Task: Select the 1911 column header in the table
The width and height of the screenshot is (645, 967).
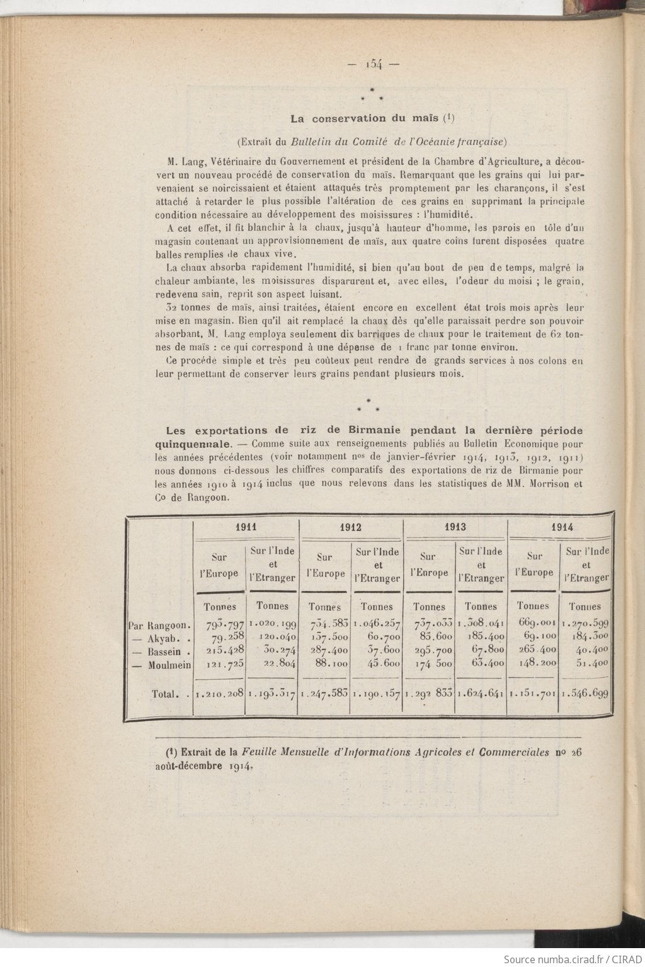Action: [246, 527]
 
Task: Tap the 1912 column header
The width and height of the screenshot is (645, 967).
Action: [351, 527]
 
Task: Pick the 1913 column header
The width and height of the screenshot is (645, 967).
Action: [454, 527]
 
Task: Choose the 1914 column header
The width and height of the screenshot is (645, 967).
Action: [561, 527]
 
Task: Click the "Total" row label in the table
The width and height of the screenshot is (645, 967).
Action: [165, 694]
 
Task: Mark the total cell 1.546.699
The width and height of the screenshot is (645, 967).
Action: [585, 694]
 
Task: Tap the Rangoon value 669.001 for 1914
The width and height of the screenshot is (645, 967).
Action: [535, 625]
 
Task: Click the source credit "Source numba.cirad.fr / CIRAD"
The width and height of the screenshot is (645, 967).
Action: [573, 958]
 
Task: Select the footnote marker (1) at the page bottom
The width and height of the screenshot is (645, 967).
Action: [171, 752]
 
